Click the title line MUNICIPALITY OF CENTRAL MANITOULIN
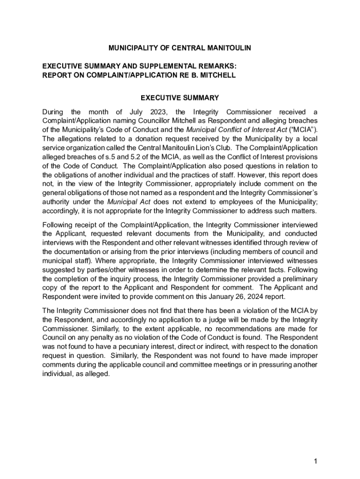point(180,48)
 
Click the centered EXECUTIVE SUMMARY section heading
point(180,98)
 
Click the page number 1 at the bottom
point(316,462)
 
